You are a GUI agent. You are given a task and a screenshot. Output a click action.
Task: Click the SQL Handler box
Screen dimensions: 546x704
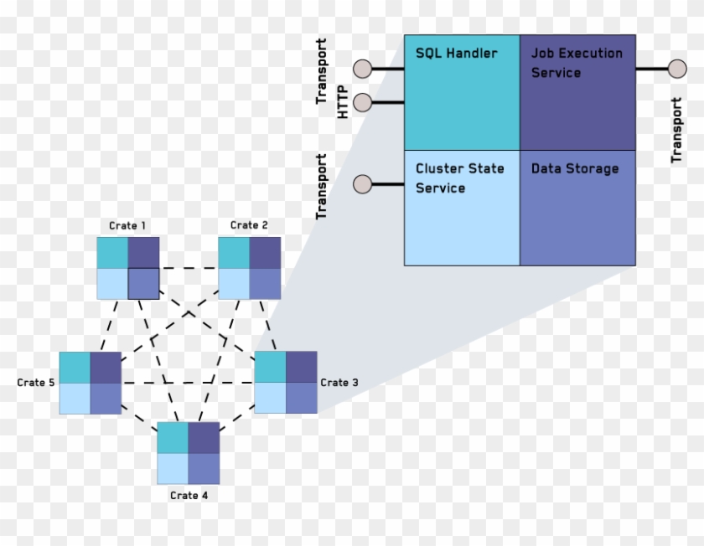click(462, 92)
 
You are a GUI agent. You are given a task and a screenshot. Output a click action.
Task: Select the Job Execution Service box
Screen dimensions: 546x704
click(577, 92)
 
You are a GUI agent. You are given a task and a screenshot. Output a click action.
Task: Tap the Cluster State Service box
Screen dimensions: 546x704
click(462, 208)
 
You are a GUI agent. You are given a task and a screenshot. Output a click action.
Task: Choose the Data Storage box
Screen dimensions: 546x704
click(577, 208)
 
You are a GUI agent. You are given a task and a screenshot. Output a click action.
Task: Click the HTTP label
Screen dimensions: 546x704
click(342, 103)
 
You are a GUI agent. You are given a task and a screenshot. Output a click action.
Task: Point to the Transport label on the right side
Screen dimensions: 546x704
click(676, 130)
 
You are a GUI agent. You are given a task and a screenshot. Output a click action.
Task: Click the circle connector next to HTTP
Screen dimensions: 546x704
click(363, 103)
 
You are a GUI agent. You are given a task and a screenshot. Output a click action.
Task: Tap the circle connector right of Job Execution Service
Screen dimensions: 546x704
click(677, 69)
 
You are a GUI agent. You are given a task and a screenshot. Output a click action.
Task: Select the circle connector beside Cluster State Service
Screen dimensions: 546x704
click(363, 184)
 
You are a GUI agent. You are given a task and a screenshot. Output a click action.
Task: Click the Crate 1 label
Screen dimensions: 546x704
click(127, 225)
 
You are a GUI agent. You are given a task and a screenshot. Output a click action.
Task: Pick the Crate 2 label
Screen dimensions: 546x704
click(249, 225)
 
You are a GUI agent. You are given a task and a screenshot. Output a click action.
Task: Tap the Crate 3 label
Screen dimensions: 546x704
click(339, 383)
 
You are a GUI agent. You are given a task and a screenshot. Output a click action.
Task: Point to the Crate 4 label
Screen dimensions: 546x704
click(189, 496)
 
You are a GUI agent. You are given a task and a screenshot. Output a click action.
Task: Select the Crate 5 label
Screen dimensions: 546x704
click(36, 383)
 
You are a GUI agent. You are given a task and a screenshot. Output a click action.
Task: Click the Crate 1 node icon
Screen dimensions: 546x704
click(127, 268)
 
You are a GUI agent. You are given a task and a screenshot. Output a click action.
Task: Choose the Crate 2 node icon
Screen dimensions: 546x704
click(250, 268)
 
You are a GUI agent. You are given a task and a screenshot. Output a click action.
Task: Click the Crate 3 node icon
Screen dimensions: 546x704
click(286, 383)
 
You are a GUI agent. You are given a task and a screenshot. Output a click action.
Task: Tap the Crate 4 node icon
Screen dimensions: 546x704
click(189, 453)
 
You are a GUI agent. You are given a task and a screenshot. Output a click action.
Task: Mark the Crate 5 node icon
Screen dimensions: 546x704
click(91, 383)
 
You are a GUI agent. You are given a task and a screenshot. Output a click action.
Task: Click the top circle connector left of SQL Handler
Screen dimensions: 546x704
click(363, 69)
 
